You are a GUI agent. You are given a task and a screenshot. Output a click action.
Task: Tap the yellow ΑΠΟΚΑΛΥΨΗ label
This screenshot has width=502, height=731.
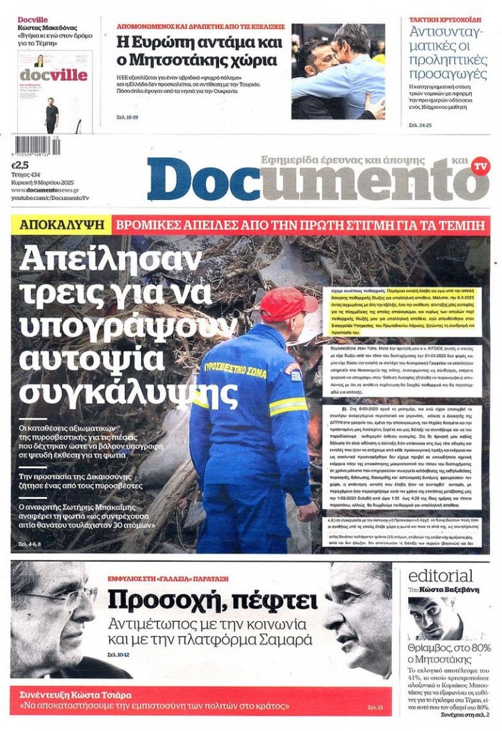click(x=62, y=225)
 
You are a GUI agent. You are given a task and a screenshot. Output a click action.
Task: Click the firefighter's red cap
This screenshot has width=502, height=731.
click(x=287, y=304)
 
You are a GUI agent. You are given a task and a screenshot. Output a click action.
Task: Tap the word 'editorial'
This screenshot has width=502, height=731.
click(x=440, y=576)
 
